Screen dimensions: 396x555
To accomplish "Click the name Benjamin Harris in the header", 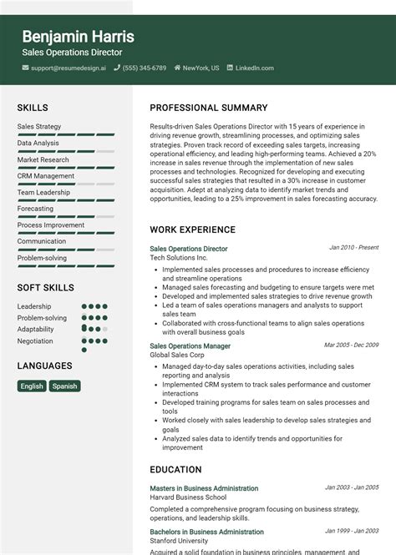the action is (78, 37).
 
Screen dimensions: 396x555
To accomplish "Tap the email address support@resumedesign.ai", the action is (69, 68).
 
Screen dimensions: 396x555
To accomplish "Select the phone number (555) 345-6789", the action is (145, 68).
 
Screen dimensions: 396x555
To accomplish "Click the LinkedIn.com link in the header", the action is (255, 68).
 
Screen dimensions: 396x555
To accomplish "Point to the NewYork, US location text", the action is (201, 68).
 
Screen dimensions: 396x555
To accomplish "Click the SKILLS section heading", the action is (33, 108).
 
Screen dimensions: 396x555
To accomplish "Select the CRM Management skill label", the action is (46, 176).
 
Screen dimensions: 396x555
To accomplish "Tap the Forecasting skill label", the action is (35, 209).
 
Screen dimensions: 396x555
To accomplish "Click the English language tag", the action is (32, 386).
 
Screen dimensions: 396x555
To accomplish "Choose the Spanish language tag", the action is (64, 386).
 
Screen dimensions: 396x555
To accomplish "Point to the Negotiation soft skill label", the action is (35, 341).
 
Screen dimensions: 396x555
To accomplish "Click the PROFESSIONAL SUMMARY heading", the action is (209, 108).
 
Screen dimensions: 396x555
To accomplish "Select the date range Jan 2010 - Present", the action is (353, 248).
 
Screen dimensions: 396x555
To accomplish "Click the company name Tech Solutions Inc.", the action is (179, 258).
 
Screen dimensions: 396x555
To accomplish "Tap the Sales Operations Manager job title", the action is (190, 346).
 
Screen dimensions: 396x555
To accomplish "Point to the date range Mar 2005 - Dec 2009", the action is (351, 345).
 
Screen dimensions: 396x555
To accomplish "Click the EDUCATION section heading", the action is (175, 470).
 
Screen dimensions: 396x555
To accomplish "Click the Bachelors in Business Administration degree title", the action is (206, 532).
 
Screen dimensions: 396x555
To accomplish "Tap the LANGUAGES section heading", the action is (44, 366).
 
